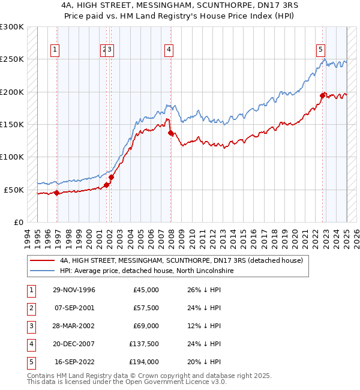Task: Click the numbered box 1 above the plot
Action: click(55, 50)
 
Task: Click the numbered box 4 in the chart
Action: click(169, 50)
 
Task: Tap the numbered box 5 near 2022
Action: click(321, 50)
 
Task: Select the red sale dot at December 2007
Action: click(170, 133)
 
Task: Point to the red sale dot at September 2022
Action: click(322, 95)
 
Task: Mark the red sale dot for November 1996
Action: click(57, 193)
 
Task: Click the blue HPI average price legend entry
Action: click(146, 271)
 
